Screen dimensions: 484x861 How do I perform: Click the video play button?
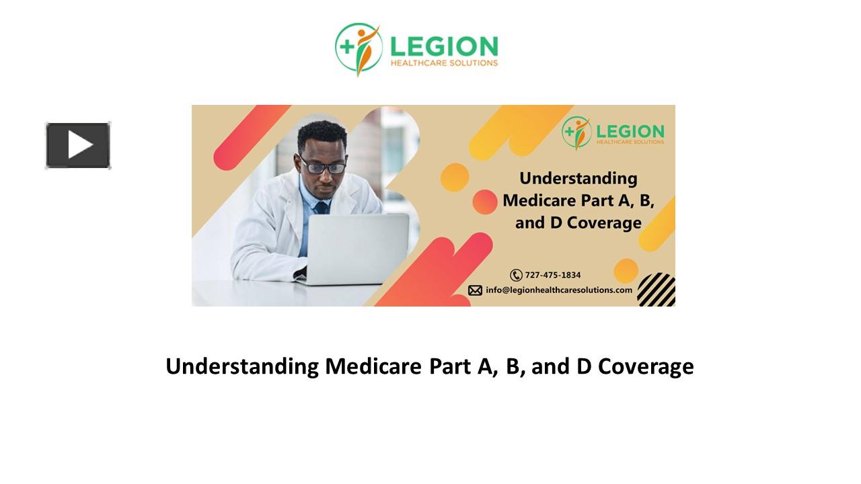78,145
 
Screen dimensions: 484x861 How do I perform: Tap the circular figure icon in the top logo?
359,48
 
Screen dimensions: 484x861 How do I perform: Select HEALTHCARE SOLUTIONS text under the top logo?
444,63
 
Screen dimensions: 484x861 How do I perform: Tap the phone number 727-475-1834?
553,275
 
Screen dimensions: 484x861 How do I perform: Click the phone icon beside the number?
516,275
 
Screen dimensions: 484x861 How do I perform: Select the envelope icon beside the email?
475,290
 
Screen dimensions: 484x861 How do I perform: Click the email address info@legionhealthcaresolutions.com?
559,290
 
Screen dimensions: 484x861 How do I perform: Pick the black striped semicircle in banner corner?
657,290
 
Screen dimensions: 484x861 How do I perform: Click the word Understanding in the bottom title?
242,367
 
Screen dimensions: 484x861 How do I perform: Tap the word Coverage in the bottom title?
646,367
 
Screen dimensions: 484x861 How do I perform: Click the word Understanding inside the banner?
578,179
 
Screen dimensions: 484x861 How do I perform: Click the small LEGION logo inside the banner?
613,132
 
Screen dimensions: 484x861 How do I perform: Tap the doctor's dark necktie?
322,208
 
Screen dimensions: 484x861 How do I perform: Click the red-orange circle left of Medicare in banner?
484,202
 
